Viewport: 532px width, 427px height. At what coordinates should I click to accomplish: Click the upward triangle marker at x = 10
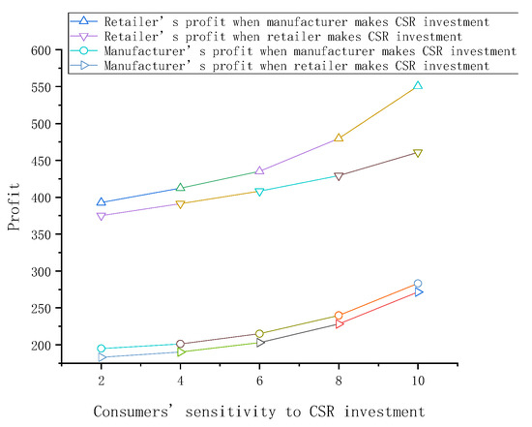[418, 85]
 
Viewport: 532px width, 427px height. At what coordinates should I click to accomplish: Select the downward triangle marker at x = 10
[418, 153]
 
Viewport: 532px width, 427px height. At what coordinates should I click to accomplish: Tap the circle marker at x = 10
[418, 284]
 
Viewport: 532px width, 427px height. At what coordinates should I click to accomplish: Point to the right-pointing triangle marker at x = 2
[101, 357]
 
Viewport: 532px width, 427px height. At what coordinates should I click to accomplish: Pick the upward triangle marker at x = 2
[101, 202]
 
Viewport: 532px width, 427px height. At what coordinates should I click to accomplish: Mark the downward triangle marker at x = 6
[259, 192]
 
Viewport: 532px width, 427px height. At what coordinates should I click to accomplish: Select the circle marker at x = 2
[101, 349]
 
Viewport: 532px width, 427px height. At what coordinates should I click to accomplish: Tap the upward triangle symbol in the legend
[86, 19]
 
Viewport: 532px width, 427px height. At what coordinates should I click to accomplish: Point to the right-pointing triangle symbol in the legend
[86, 66]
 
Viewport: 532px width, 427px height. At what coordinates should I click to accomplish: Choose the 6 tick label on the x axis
[259, 382]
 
